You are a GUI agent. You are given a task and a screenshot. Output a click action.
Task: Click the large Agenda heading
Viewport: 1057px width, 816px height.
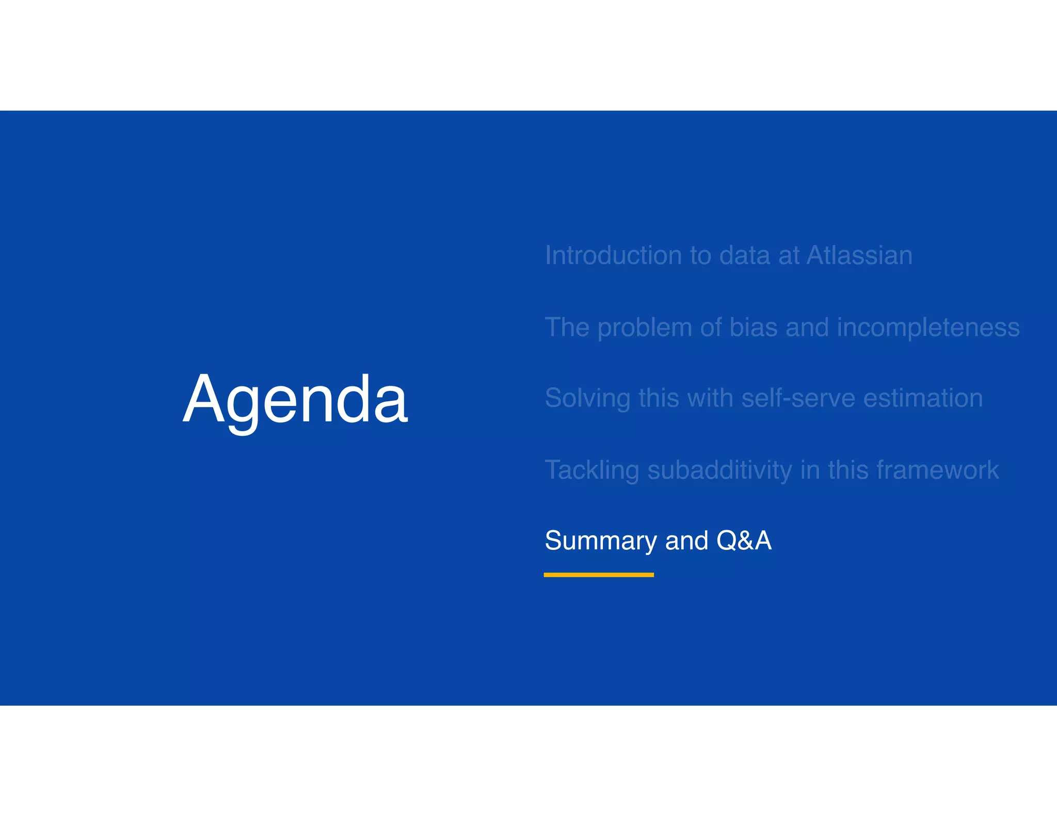(295, 400)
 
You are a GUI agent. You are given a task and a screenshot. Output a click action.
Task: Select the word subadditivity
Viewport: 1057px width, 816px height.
(719, 470)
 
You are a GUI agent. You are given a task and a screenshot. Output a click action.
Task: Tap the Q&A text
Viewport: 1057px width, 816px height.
(744, 541)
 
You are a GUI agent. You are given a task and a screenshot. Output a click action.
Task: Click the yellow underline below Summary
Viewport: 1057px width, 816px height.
(599, 575)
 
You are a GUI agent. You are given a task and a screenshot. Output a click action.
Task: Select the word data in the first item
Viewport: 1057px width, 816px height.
(744, 256)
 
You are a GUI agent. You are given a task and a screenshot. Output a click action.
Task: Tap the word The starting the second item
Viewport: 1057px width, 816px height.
(567, 328)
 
